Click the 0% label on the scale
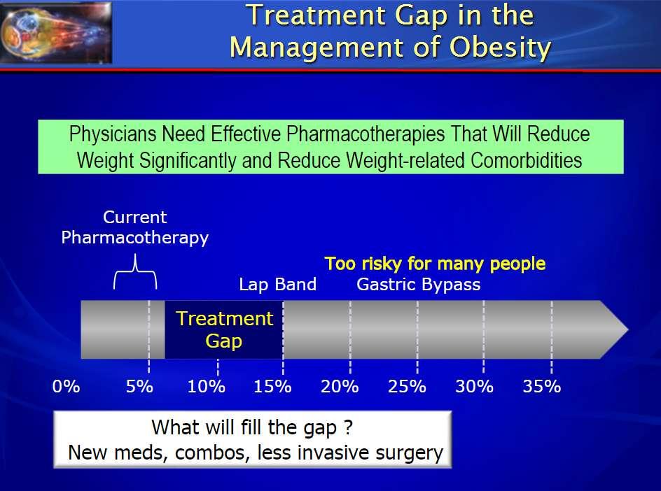(67, 386)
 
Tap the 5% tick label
(139, 386)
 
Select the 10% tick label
(206, 386)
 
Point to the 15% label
(272, 386)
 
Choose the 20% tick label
(340, 386)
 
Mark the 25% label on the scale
(407, 386)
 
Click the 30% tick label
(474, 386)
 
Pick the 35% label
(542, 386)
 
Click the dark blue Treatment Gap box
(224, 329)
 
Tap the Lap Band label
(278, 284)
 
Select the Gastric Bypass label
(419, 285)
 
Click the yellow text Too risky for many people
(435, 264)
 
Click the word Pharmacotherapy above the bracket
(135, 238)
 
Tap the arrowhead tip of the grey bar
(628, 329)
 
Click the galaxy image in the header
(56, 32)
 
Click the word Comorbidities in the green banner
(526, 160)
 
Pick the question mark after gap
(348, 427)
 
